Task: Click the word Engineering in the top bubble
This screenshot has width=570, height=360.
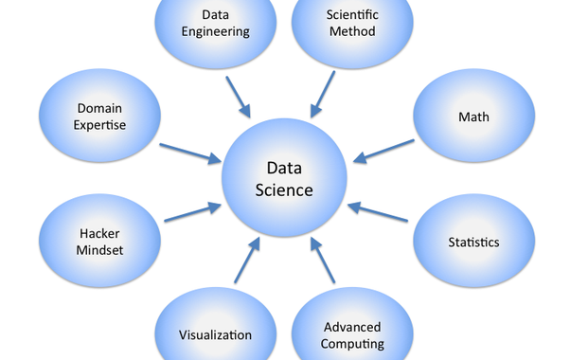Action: click(x=217, y=31)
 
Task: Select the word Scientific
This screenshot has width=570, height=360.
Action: click(x=351, y=15)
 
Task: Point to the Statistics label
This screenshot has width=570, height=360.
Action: click(x=473, y=242)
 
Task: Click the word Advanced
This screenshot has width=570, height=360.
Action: click(x=352, y=327)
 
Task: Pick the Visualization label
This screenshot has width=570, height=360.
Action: click(x=216, y=334)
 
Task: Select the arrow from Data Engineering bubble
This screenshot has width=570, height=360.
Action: click(x=240, y=99)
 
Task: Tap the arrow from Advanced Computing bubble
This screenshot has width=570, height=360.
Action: click(x=324, y=260)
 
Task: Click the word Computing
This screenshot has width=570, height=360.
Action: click(x=352, y=344)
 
